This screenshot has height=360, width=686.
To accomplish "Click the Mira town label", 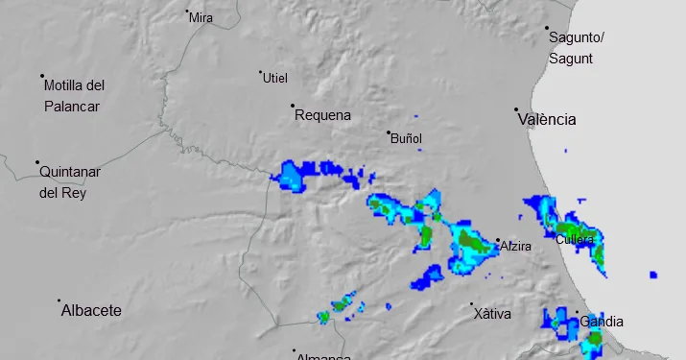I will tap(201, 17).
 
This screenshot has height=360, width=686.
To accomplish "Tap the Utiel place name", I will tap(275, 78).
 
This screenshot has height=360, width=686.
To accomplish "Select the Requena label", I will tap(323, 115).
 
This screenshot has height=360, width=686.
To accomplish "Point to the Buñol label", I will tap(407, 139).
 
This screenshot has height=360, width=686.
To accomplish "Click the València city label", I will tap(547, 120).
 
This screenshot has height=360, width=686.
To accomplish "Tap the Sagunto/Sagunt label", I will tap(576, 48).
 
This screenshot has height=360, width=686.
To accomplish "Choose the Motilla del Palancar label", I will tap(74, 96).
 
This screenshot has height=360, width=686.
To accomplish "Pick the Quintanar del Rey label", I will tap(70, 181).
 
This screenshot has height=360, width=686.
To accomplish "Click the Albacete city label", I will tap(91, 311).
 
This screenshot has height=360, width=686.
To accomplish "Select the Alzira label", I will tap(515, 247).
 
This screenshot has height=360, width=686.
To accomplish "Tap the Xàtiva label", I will tap(492, 314).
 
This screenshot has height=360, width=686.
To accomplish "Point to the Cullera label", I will tap(575, 239).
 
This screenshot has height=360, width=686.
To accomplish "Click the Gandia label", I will tap(603, 322).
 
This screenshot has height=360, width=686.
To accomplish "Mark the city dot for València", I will tap(516, 109).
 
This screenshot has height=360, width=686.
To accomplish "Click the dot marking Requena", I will tap(293, 106).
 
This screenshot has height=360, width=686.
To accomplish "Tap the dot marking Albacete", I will tap(59, 300).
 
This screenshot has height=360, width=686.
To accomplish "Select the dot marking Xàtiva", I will tap(472, 305).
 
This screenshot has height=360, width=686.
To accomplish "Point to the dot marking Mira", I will tap(187, 12).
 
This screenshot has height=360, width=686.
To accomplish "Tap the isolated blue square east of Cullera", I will tap(653, 275).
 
